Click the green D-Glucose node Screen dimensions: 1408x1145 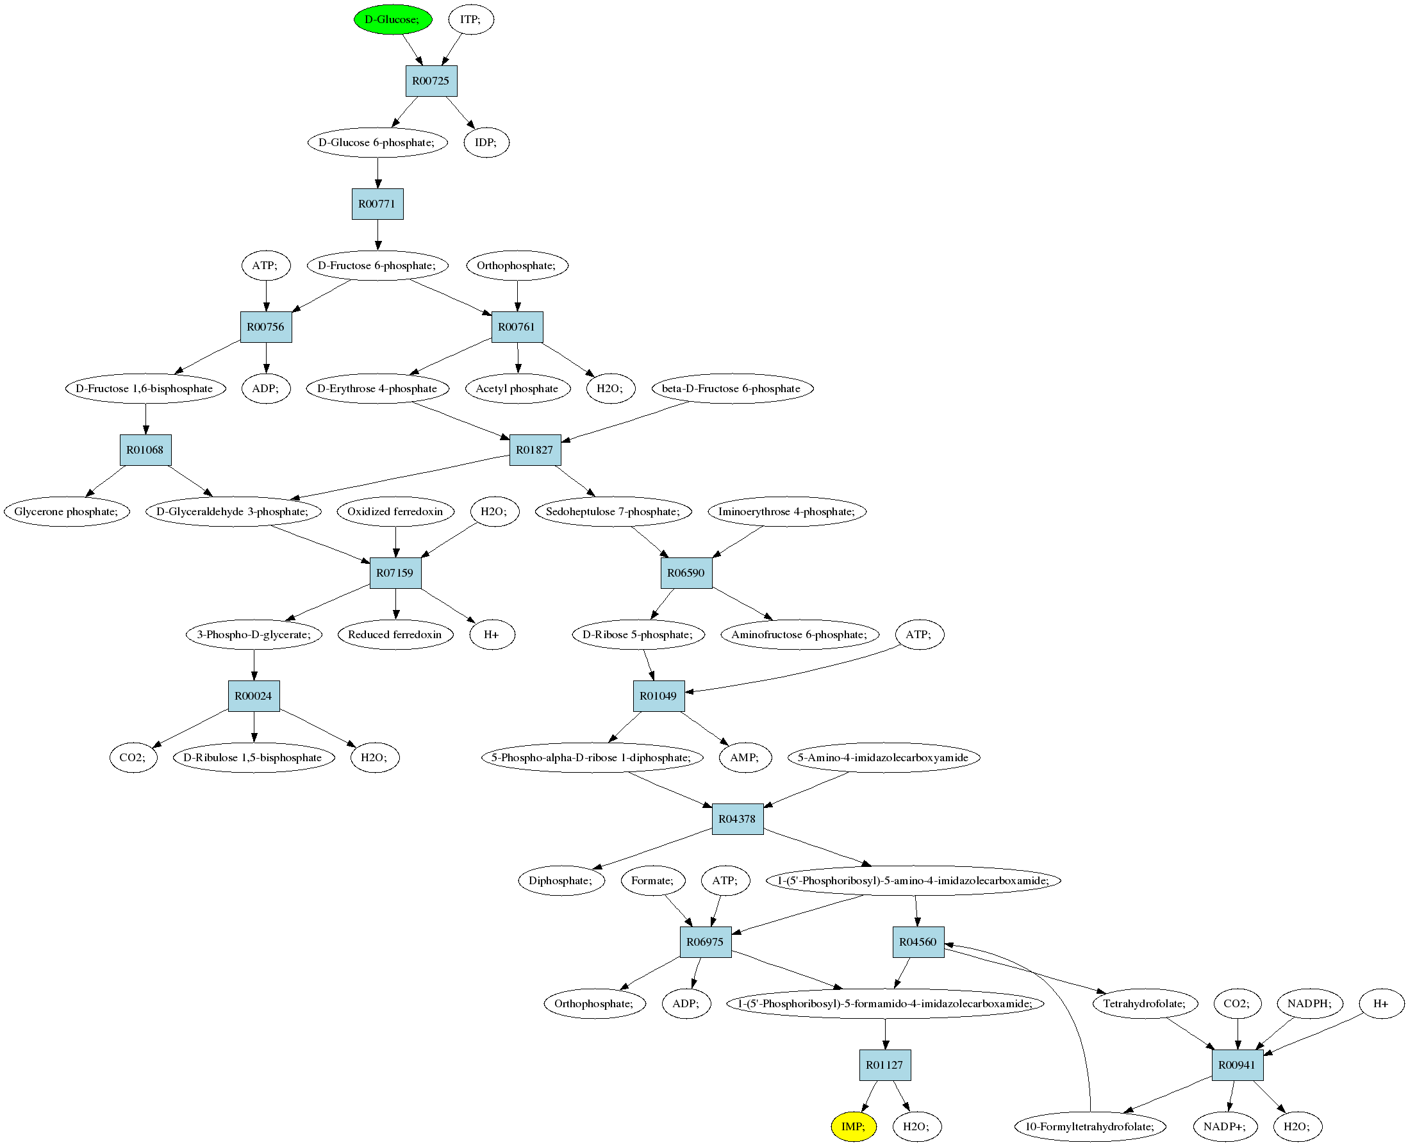pyautogui.click(x=393, y=19)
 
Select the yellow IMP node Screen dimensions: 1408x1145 pyautogui.click(x=854, y=1126)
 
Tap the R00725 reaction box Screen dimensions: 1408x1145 pyautogui.click(x=431, y=81)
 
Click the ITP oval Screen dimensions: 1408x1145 pyautogui.click(x=471, y=19)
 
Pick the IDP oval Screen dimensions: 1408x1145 pyautogui.click(x=486, y=142)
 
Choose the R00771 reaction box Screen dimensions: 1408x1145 pyautogui.click(x=377, y=204)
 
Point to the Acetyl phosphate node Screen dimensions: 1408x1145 pyautogui.click(x=517, y=388)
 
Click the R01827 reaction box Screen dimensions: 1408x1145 pyautogui.click(x=535, y=450)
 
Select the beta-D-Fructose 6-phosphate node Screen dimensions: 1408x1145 pyautogui.click(x=732, y=388)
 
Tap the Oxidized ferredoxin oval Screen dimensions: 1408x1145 pyautogui.click(x=395, y=511)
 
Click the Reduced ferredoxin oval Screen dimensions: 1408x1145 pyautogui.click(x=395, y=634)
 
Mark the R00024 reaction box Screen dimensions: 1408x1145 pyautogui.click(x=254, y=696)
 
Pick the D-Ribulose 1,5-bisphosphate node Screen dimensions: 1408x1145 pyautogui.click(x=253, y=757)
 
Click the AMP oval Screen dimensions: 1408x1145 pyautogui.click(x=745, y=757)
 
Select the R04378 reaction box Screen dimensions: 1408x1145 pyautogui.click(x=738, y=818)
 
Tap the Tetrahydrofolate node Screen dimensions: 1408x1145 pyautogui.click(x=1145, y=1003)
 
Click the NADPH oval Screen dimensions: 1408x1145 pyautogui.click(x=1310, y=1003)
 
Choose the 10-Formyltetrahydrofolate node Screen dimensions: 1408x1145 pyautogui.click(x=1091, y=1126)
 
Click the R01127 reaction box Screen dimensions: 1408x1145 pyautogui.click(x=885, y=1064)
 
